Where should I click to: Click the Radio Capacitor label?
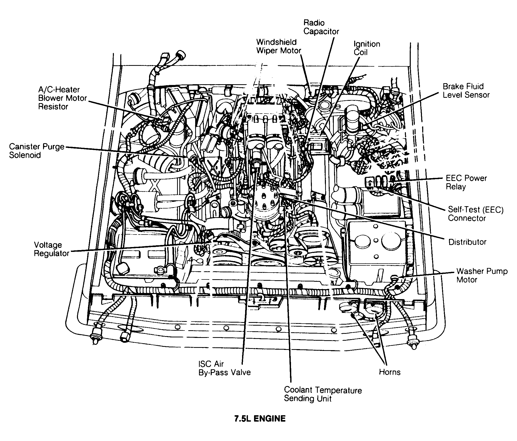point(321,27)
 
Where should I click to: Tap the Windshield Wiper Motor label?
point(279,46)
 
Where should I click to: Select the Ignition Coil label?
point(366,48)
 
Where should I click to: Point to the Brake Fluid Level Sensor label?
point(466,91)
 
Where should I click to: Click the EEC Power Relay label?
point(466,182)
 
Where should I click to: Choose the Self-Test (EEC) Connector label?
point(475,214)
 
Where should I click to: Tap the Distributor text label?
point(467,242)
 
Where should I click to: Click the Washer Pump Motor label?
point(482,275)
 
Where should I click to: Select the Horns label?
point(389,372)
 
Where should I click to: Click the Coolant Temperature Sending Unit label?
point(323,394)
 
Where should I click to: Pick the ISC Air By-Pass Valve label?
point(224,368)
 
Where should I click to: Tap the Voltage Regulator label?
point(52,249)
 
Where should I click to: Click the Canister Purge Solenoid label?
point(37,151)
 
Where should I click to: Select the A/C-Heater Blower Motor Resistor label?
point(62,98)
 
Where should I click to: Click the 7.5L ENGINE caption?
point(260,419)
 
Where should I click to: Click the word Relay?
point(456,187)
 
